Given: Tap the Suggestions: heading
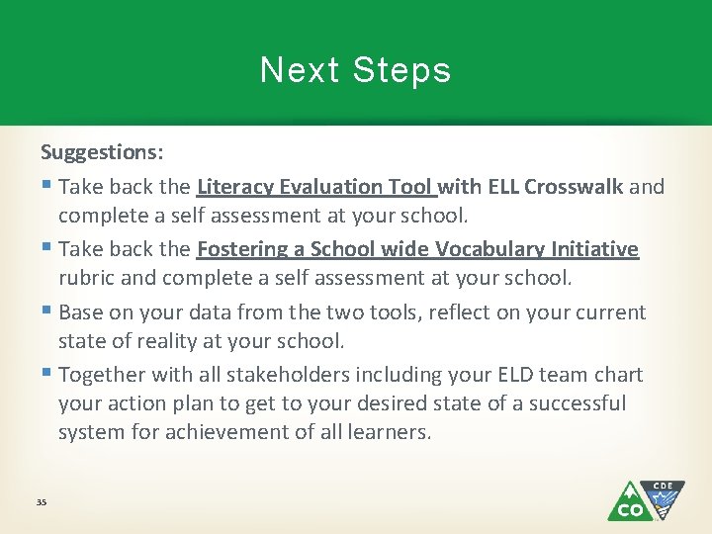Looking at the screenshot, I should (x=102, y=152).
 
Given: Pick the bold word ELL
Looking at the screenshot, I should (x=501, y=186).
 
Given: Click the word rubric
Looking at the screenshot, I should (x=87, y=278).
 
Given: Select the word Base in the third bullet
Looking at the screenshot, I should (x=81, y=312).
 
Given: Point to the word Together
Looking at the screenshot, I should (x=103, y=375).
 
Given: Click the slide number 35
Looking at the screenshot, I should (x=42, y=503).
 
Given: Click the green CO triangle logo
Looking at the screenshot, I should (x=629, y=503).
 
